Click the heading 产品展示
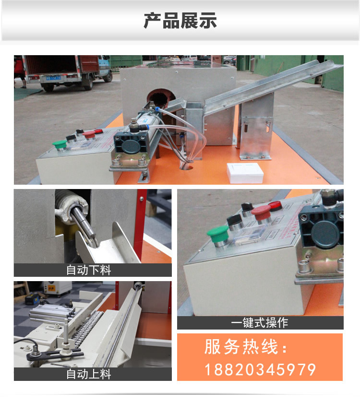[180, 21]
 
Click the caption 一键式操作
[259, 323]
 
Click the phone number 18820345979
[260, 369]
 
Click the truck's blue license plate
[50, 78]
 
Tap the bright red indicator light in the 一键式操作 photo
[275, 206]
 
